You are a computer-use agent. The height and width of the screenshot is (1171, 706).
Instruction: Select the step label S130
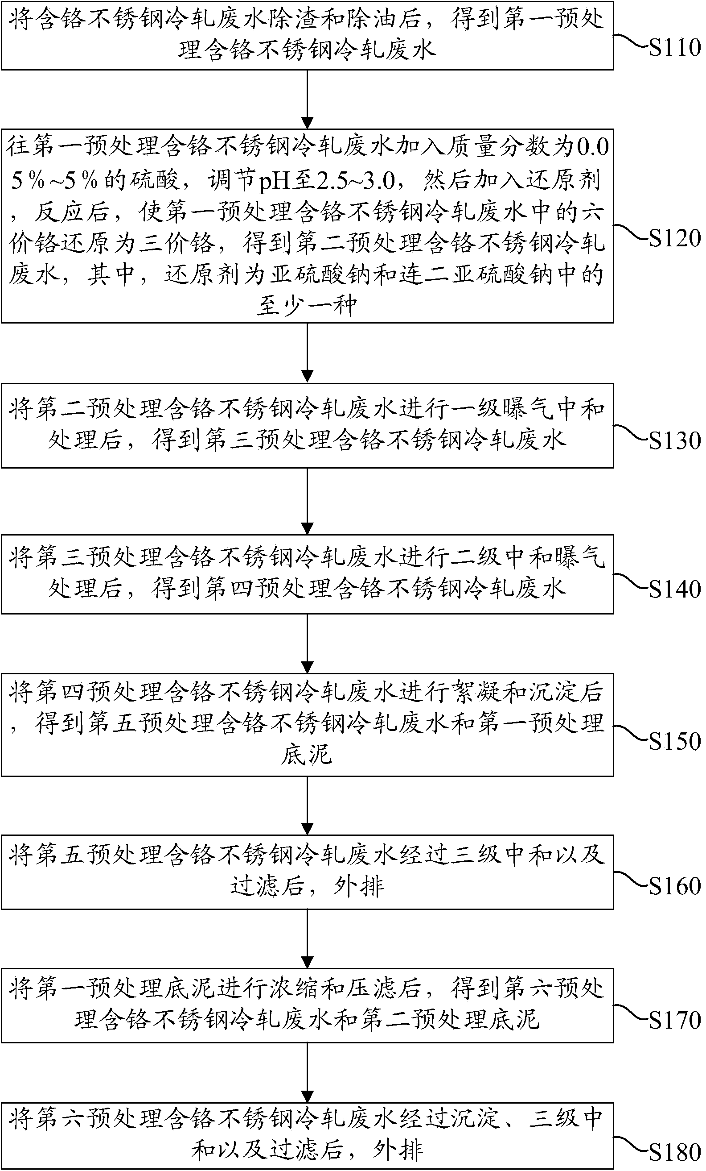674,440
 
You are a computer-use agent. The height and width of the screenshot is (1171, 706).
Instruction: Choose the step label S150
674,741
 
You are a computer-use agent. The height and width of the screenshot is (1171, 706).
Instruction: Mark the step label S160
674,886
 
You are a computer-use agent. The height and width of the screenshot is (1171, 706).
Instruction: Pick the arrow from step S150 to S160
308,805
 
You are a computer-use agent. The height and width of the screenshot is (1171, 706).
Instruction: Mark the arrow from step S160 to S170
308,939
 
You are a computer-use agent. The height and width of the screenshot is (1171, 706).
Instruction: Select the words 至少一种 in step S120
307,306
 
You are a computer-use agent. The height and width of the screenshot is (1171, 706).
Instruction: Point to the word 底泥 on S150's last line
307,755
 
